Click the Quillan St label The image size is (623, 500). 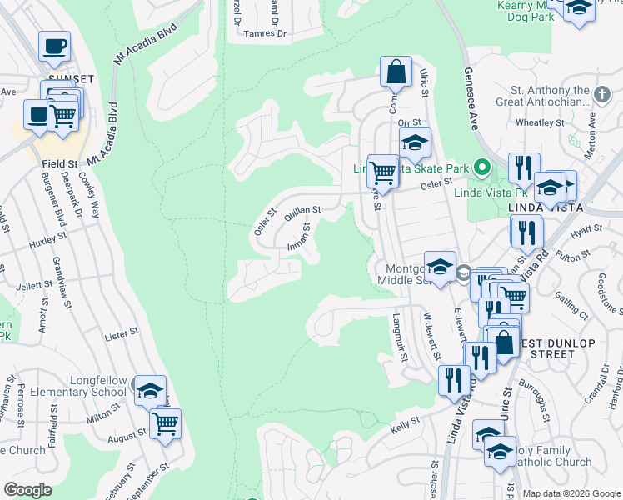pos(302,213)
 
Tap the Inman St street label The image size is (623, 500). pos(300,236)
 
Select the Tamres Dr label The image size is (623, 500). pos(266,34)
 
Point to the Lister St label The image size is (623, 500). pos(121,334)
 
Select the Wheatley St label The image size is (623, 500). pos(540,122)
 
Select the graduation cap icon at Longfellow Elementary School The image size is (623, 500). pos(150,390)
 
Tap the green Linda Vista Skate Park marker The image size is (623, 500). pos(481,168)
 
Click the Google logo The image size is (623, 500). pos(27,490)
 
